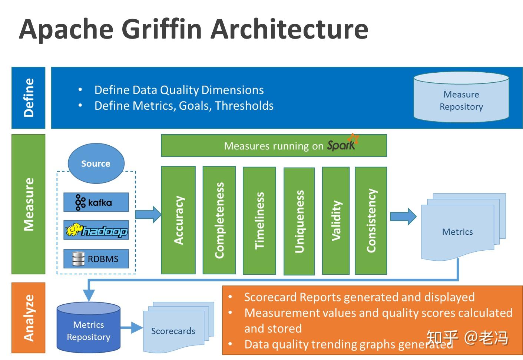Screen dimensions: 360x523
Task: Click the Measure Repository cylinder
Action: point(461,98)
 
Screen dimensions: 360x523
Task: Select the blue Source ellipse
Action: point(96,164)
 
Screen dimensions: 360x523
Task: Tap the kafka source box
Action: point(96,202)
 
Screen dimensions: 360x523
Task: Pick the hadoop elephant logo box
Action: point(96,230)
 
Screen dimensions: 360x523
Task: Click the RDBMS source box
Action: point(96,258)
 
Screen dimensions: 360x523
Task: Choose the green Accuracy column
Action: point(178,220)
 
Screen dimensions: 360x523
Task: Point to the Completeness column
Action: point(219,220)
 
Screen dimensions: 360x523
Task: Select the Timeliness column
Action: point(259,221)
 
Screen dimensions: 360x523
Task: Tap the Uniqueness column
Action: point(299,221)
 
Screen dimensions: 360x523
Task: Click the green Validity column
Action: point(336,221)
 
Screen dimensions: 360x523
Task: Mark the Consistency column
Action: point(371,221)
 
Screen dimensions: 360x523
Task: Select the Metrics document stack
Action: point(460,228)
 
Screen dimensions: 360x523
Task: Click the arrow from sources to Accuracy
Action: point(148,214)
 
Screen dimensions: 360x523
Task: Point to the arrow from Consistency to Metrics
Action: point(403,217)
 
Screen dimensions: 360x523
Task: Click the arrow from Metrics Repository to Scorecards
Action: point(132,328)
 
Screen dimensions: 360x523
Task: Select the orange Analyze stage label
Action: point(29,318)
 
